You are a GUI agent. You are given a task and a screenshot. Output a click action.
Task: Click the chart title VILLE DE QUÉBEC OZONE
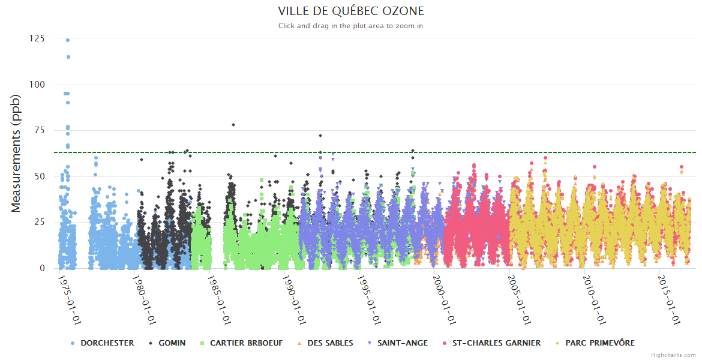[351, 11]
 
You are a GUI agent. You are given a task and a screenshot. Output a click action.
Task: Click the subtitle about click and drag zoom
[351, 26]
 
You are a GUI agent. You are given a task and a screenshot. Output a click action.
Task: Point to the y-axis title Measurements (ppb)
[16, 153]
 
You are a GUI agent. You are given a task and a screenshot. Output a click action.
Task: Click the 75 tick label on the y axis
[38, 130]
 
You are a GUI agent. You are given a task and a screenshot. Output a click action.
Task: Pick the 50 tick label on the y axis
[38, 176]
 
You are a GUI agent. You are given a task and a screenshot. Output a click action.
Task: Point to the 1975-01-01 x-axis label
[70, 300]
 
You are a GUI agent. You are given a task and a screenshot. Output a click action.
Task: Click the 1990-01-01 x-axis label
[295, 300]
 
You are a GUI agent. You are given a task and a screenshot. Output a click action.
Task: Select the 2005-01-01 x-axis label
[520, 300]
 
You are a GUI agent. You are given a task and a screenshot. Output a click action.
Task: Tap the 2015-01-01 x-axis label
[670, 300]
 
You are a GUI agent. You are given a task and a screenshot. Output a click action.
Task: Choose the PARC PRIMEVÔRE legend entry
[599, 343]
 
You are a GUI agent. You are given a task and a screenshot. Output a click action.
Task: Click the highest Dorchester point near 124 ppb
[68, 40]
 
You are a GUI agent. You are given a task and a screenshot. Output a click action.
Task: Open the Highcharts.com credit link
[674, 355]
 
